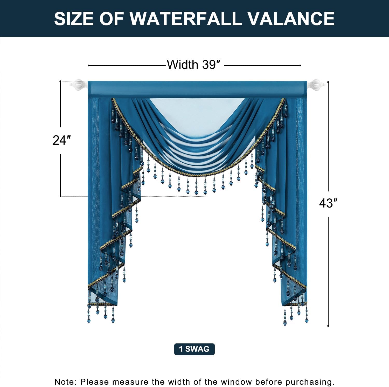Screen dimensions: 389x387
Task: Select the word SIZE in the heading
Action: pyautogui.click(x=74, y=18)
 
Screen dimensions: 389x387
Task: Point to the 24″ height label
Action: pyautogui.click(x=62, y=140)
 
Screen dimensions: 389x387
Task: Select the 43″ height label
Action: pyautogui.click(x=328, y=203)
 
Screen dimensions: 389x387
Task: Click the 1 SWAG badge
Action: pyautogui.click(x=194, y=349)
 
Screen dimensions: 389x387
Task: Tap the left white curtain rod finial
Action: pyautogui.click(x=79, y=85)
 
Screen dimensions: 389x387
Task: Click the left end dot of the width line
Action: pyautogui.click(x=89, y=65)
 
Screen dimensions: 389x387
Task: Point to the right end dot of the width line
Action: pyautogui.click(x=300, y=65)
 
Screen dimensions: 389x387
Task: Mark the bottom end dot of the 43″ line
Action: pyautogui.click(x=328, y=326)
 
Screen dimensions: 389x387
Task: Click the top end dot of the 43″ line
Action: pyautogui.click(x=328, y=82)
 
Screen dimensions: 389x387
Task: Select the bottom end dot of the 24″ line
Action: pyautogui.click(x=61, y=196)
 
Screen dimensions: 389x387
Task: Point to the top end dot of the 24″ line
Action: pyautogui.click(x=61, y=81)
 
